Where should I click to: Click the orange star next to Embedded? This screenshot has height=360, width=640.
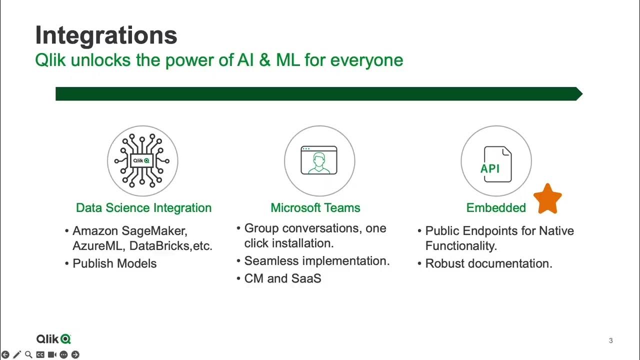point(547,199)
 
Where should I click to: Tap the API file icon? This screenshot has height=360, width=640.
point(496,163)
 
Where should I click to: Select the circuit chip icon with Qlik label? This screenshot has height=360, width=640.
point(142,160)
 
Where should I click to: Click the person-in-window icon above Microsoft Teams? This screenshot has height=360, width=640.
point(319,160)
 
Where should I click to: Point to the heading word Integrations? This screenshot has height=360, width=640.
point(106,35)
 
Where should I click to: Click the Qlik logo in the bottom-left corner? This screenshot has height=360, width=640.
point(54,339)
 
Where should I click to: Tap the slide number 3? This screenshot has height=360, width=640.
point(610,341)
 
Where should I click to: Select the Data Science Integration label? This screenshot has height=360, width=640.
point(143,208)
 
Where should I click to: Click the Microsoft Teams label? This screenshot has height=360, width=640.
point(315,208)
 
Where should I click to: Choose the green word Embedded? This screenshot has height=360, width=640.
point(495,208)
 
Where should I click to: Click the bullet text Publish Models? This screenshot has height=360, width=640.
point(114,263)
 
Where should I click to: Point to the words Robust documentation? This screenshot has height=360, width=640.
point(488,263)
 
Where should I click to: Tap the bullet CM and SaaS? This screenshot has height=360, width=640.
point(282,278)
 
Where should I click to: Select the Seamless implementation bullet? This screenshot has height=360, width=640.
point(316,261)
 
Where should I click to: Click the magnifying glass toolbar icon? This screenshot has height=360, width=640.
point(28,355)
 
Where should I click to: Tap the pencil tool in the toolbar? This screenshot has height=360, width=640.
point(17,355)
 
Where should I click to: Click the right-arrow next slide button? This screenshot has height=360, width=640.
point(75,355)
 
